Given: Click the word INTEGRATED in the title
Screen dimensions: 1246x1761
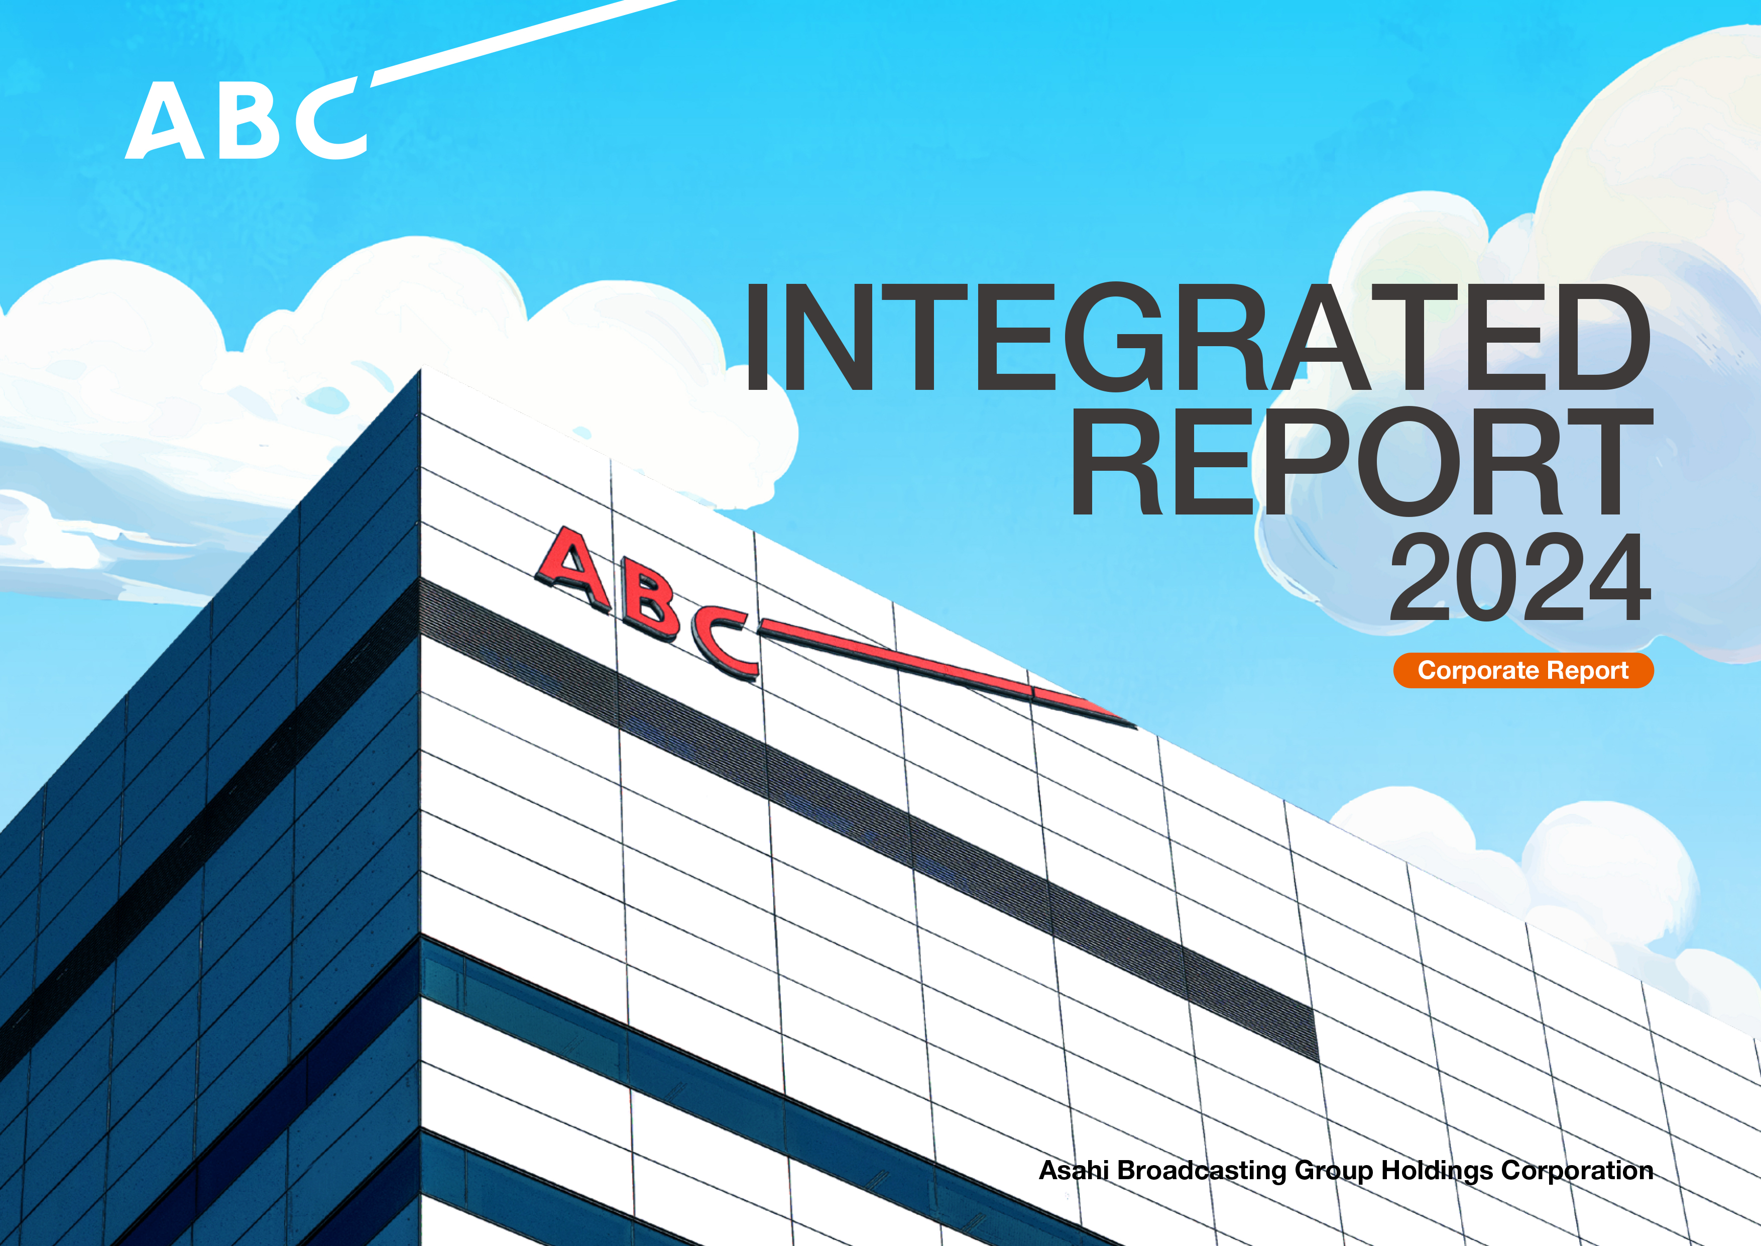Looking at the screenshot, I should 1198,338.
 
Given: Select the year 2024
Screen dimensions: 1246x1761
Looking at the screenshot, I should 1520,577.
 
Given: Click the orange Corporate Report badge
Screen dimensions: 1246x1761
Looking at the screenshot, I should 1523,671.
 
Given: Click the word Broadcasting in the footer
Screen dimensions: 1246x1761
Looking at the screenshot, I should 1202,1171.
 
